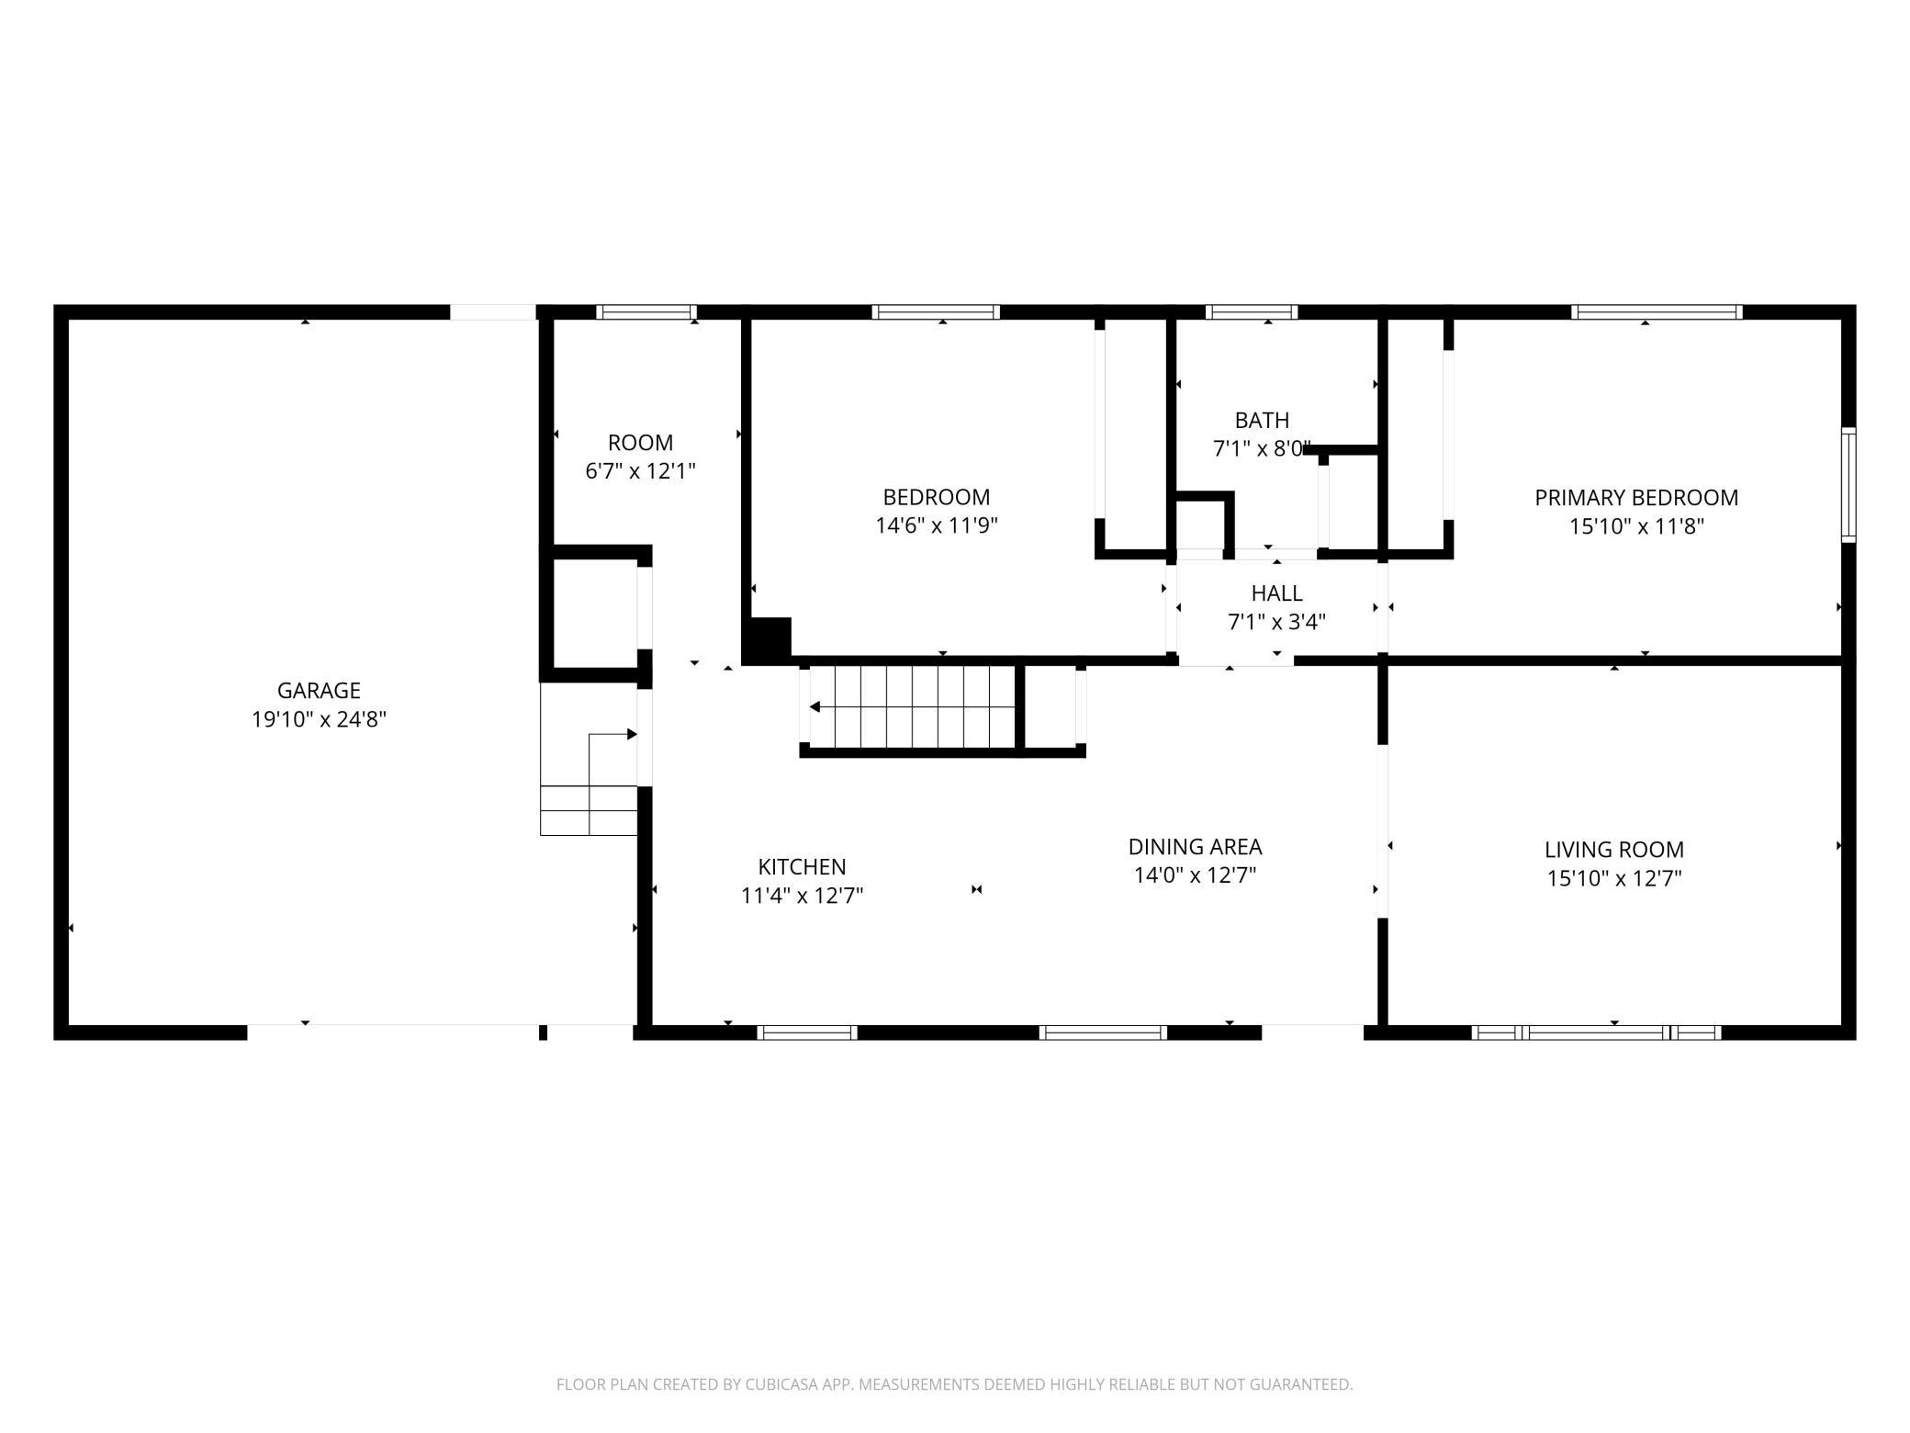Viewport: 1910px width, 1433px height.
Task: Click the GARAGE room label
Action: (319, 690)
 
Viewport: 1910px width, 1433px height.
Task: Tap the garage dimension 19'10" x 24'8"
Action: (319, 719)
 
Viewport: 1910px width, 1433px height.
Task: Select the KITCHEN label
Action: (802, 866)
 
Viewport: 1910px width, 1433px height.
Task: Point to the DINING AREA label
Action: (1195, 846)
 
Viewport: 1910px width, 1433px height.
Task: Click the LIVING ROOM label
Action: (1614, 850)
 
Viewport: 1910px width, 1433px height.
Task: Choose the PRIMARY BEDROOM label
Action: (1636, 498)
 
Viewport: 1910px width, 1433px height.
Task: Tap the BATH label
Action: (1262, 421)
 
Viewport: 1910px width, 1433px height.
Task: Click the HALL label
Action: (1276, 593)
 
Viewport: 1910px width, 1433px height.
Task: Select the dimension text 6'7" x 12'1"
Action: (640, 471)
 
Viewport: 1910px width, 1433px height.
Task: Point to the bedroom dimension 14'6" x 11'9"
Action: (937, 525)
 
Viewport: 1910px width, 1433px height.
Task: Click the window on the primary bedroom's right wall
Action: (1848, 485)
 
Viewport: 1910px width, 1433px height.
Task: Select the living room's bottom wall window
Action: (1596, 1032)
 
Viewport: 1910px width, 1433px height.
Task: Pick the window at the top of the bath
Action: (1251, 312)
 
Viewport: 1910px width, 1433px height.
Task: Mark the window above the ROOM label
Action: (646, 312)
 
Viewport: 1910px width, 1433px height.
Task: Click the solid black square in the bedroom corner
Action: (767, 640)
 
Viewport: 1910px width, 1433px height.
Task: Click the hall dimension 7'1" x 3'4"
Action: (1276, 623)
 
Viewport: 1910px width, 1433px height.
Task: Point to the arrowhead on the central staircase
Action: (815, 707)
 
